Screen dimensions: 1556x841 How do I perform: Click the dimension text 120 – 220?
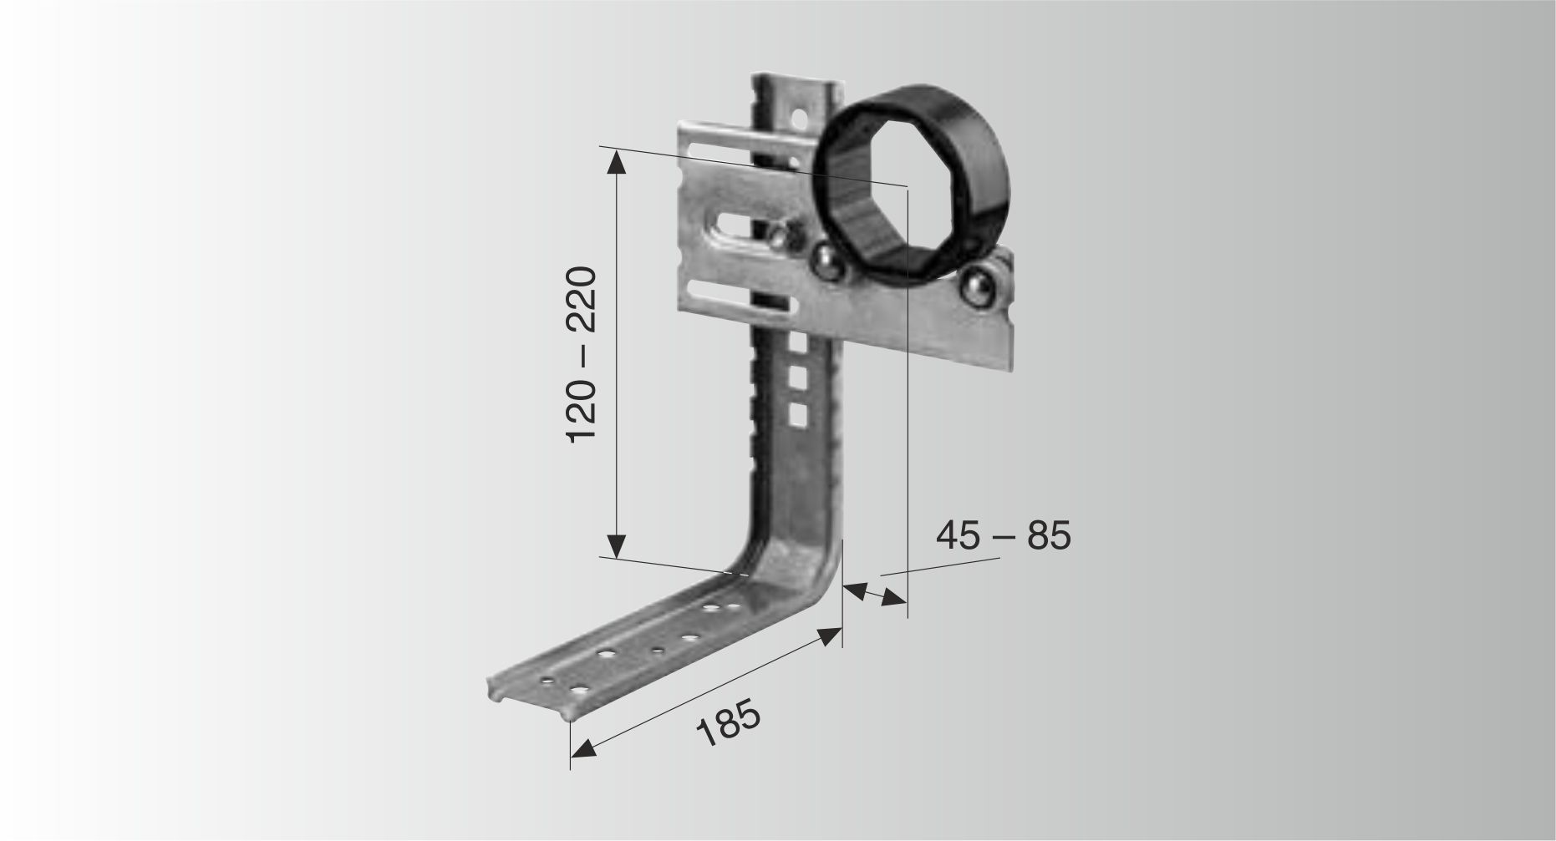(582, 355)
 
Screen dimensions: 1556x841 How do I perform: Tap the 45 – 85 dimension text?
(1003, 535)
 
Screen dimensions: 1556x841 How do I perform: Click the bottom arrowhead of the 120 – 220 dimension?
(616, 545)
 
